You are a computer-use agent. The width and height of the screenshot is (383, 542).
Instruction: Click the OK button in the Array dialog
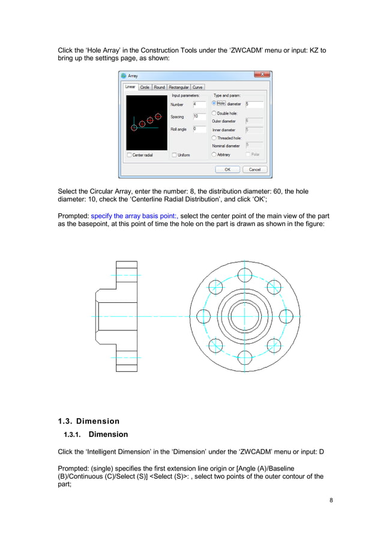[x=228, y=169]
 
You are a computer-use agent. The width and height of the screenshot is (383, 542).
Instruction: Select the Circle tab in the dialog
[x=145, y=87]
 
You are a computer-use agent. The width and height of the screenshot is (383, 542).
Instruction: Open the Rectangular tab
[x=179, y=87]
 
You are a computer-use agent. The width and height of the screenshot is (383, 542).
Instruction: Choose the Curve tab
[x=198, y=87]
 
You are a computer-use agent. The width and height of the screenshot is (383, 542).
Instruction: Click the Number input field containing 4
[x=199, y=104]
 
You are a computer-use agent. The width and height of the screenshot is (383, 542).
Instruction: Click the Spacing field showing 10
[x=199, y=117]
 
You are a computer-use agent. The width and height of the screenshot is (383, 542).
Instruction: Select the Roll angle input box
[x=199, y=129]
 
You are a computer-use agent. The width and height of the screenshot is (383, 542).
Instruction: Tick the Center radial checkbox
[x=130, y=155]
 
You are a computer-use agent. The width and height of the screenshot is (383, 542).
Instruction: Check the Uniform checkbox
[x=175, y=155]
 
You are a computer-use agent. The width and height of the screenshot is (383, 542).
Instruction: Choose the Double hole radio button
[x=214, y=113]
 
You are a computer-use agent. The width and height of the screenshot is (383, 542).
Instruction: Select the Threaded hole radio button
[x=214, y=138]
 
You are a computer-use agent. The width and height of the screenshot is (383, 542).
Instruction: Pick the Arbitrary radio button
[x=214, y=154]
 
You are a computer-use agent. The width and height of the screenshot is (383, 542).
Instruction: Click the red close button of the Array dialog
[x=262, y=75]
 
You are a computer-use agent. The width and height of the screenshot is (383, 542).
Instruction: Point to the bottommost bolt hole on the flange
[x=244, y=357]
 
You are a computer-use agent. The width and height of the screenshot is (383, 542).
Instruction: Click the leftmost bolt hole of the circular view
[x=204, y=316]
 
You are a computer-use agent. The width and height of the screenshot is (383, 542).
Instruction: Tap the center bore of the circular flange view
[x=244, y=316]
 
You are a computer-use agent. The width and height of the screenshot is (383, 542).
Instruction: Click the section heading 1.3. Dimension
[x=88, y=421]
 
